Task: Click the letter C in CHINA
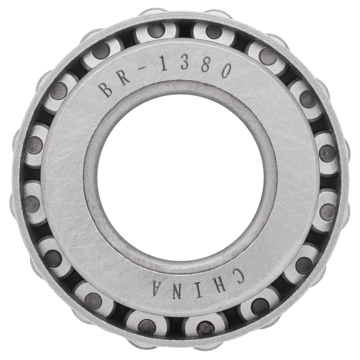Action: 235,275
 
